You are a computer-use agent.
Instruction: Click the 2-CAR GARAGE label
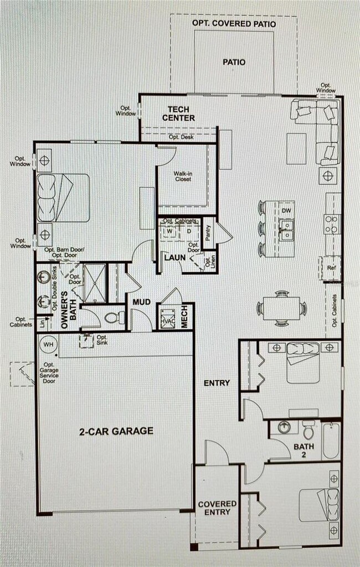[x=115, y=431]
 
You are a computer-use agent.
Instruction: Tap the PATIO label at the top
[x=234, y=62]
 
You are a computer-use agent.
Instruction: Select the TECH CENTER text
[x=178, y=114]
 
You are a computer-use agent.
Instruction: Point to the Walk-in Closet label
[x=183, y=176]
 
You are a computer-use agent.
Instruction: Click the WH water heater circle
[x=48, y=344]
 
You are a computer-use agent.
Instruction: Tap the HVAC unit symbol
[x=167, y=321]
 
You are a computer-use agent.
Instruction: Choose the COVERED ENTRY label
[x=217, y=508]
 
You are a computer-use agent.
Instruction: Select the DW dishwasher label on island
[x=286, y=211]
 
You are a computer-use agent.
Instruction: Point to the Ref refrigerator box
[x=331, y=268]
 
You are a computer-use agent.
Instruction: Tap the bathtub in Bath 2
[x=331, y=441]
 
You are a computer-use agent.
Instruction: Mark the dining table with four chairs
[x=281, y=308]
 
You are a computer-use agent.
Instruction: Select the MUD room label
[x=138, y=302]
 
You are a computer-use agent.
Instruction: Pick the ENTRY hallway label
[x=217, y=383]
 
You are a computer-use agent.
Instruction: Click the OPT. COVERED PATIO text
[x=234, y=23]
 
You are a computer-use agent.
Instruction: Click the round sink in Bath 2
[x=284, y=428]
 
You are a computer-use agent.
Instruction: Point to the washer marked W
[x=170, y=232]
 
